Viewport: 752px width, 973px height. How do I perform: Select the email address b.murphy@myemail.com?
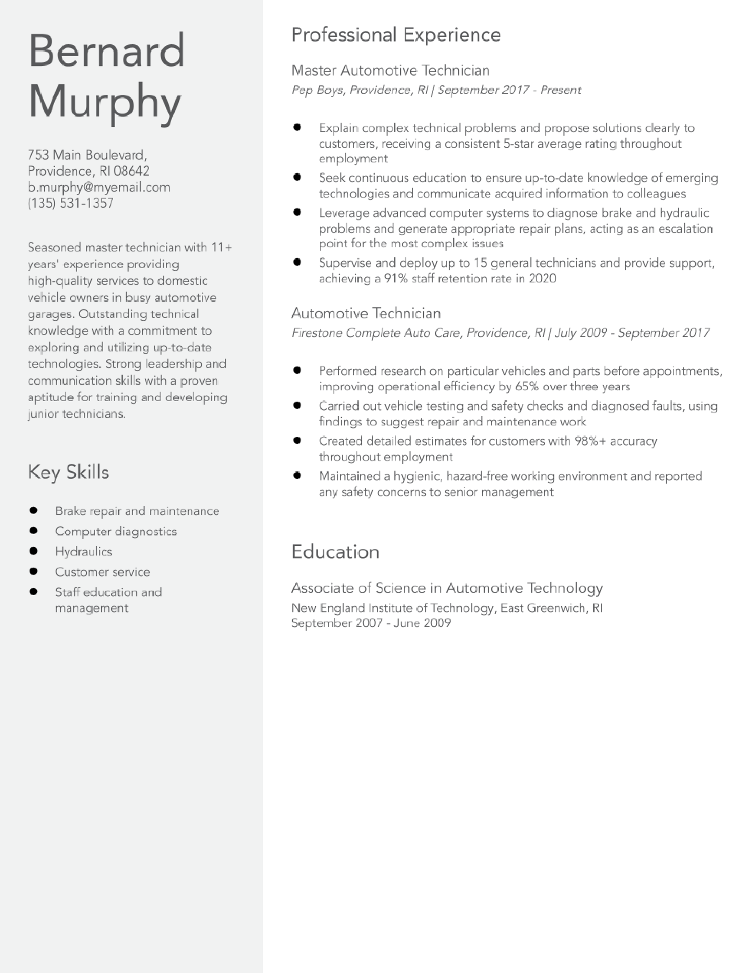tap(99, 187)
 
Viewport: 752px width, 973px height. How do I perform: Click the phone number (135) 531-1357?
tap(71, 203)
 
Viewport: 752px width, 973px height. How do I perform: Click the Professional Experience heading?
tap(396, 35)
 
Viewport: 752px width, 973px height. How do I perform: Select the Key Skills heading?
tap(69, 472)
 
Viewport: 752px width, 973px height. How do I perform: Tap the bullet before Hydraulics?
tap(33, 551)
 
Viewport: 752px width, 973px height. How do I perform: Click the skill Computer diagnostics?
tap(116, 532)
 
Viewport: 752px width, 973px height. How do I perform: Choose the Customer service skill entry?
tap(102, 572)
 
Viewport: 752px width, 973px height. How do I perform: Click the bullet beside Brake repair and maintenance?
tap(33, 511)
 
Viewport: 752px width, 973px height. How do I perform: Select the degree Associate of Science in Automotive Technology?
tap(447, 588)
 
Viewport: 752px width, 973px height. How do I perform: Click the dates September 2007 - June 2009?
tap(371, 623)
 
